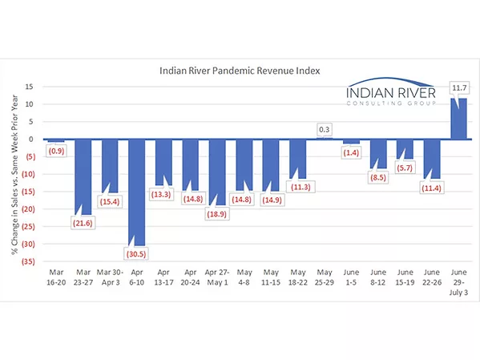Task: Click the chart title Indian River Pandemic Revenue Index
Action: pos(240,71)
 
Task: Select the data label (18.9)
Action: pos(218,213)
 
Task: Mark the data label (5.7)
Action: pos(405,168)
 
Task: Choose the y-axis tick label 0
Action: pos(31,139)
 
